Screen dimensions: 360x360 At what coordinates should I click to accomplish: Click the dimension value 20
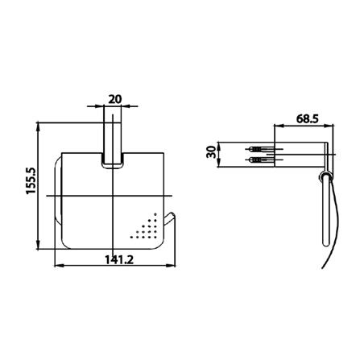115,99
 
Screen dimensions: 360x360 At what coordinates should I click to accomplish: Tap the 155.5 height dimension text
31,180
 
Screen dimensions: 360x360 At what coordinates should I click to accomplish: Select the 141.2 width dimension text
119,259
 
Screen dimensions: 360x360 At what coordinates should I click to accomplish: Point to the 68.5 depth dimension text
308,118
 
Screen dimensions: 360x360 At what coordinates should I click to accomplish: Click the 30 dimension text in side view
211,152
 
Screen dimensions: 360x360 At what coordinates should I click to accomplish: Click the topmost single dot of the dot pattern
155,214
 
